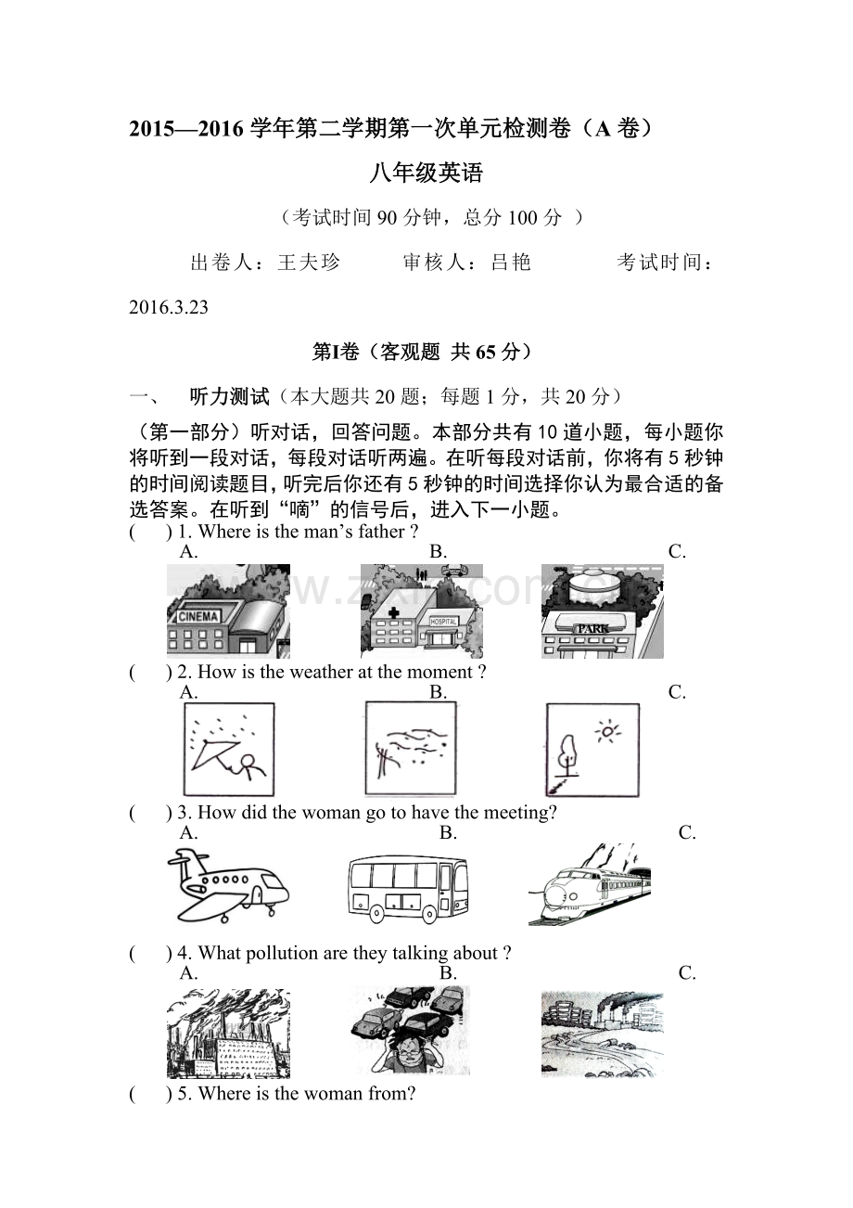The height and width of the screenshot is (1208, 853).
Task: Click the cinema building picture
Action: click(228, 611)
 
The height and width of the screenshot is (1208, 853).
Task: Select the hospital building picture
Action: click(422, 611)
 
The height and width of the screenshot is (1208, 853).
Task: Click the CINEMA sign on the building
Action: click(197, 616)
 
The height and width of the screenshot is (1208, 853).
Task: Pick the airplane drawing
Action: click(228, 886)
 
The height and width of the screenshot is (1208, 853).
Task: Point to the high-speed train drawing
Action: click(590, 885)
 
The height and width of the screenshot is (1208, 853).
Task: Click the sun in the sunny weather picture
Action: click(608, 732)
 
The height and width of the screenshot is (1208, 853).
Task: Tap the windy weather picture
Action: click(410, 749)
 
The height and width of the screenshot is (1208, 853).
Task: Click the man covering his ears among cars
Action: click(410, 1031)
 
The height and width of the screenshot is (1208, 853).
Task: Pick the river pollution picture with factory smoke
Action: click(602, 1033)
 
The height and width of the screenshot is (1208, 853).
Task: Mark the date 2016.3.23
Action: click(169, 308)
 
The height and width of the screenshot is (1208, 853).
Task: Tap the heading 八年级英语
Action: click(426, 173)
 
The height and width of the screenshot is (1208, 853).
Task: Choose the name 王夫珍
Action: click(309, 263)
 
